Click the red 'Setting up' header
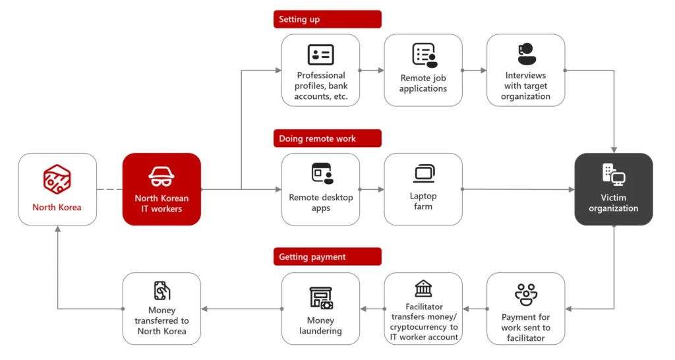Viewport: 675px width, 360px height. (327, 19)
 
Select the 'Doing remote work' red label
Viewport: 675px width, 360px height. (327, 138)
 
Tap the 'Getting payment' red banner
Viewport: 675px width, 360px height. (327, 256)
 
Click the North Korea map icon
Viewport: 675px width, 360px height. (57, 179)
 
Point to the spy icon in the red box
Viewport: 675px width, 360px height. (161, 177)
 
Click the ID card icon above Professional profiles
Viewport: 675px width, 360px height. (320, 55)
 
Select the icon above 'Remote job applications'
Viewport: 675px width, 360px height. (424, 55)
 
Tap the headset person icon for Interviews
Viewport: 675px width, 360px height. (526, 54)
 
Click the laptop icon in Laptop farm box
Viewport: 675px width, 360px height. (424, 174)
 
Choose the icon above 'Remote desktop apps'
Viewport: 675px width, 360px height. (321, 173)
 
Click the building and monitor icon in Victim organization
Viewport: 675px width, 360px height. (614, 175)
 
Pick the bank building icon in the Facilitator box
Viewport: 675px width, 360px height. (423, 289)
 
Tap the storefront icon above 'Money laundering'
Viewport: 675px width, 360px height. (321, 298)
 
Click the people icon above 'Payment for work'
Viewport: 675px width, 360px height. (526, 293)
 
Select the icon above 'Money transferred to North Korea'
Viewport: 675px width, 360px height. (161, 291)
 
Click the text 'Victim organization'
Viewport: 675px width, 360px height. (614, 203)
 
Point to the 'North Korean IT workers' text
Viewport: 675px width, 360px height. (161, 203)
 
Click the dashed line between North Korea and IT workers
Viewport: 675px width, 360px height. (109, 190)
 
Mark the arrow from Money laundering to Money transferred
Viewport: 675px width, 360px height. (241, 309)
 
